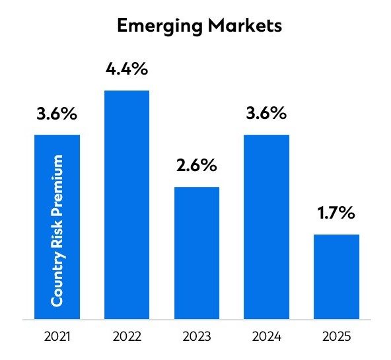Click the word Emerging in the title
(x=158, y=27)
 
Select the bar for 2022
(x=127, y=205)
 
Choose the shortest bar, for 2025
(x=337, y=277)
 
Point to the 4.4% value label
(x=127, y=68)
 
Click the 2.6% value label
(x=197, y=165)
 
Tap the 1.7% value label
(x=337, y=213)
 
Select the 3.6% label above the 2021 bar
(x=57, y=113)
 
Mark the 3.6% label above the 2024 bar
(x=267, y=113)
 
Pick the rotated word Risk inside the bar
(x=57, y=234)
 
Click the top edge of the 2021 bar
(x=57, y=135)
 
